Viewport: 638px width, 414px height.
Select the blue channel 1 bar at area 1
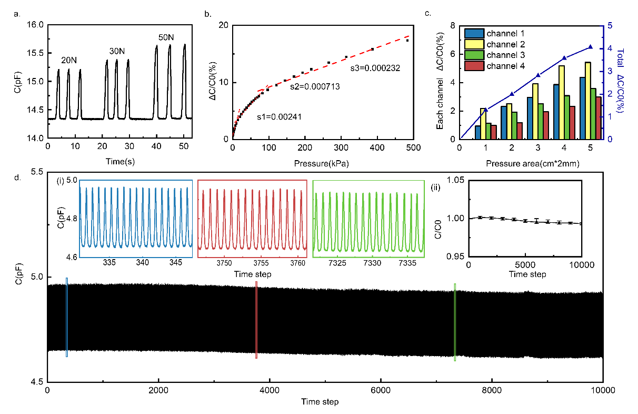pos(477,132)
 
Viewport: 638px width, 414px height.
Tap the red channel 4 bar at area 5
pos(598,117)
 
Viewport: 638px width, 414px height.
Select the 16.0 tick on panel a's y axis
pos(36,25)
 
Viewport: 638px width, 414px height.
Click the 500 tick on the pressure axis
pos(413,149)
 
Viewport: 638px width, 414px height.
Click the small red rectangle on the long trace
pos(256,320)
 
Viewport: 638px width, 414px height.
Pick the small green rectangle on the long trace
pos(455,321)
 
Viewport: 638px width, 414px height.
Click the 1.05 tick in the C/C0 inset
pos(454,181)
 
